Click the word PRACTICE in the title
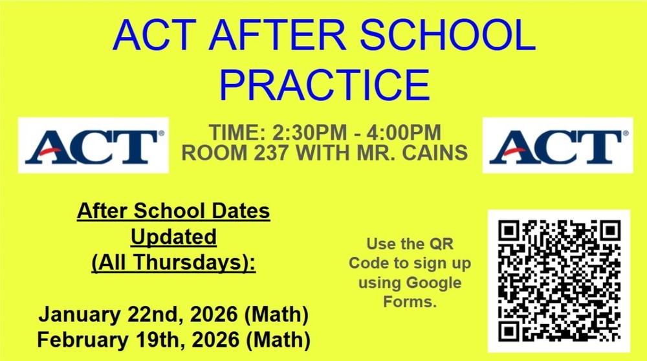click(325, 85)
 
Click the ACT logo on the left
click(94, 146)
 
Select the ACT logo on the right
click(557, 146)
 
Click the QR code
click(558, 279)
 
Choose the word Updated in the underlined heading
click(173, 237)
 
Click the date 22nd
click(151, 316)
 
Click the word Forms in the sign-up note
click(410, 301)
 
